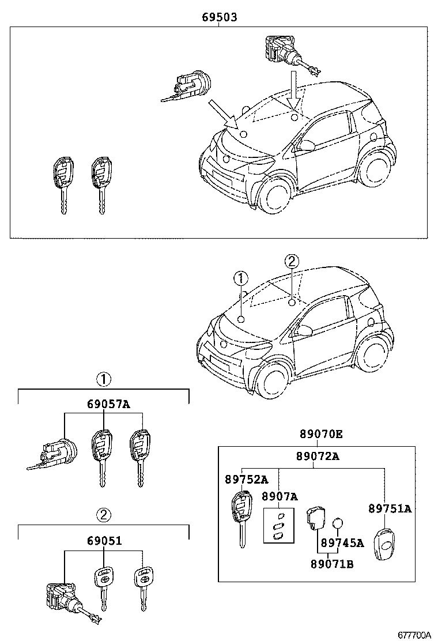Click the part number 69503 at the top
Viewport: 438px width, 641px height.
click(x=219, y=17)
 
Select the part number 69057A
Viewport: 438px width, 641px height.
click(x=104, y=404)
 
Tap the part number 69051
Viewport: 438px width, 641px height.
click(x=104, y=541)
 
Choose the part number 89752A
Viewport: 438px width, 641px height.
click(x=246, y=479)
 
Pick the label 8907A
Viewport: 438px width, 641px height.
click(x=280, y=496)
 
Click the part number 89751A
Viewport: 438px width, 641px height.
click(x=390, y=508)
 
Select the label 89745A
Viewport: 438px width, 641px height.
click(x=342, y=543)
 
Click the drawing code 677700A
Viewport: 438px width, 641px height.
click(x=413, y=634)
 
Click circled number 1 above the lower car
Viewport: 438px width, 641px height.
click(x=240, y=278)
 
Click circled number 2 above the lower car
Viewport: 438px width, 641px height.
click(x=292, y=262)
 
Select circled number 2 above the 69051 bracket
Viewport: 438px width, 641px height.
click(x=103, y=515)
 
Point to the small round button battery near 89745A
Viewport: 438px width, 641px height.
click(x=338, y=523)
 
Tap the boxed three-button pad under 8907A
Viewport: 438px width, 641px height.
click(x=279, y=525)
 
